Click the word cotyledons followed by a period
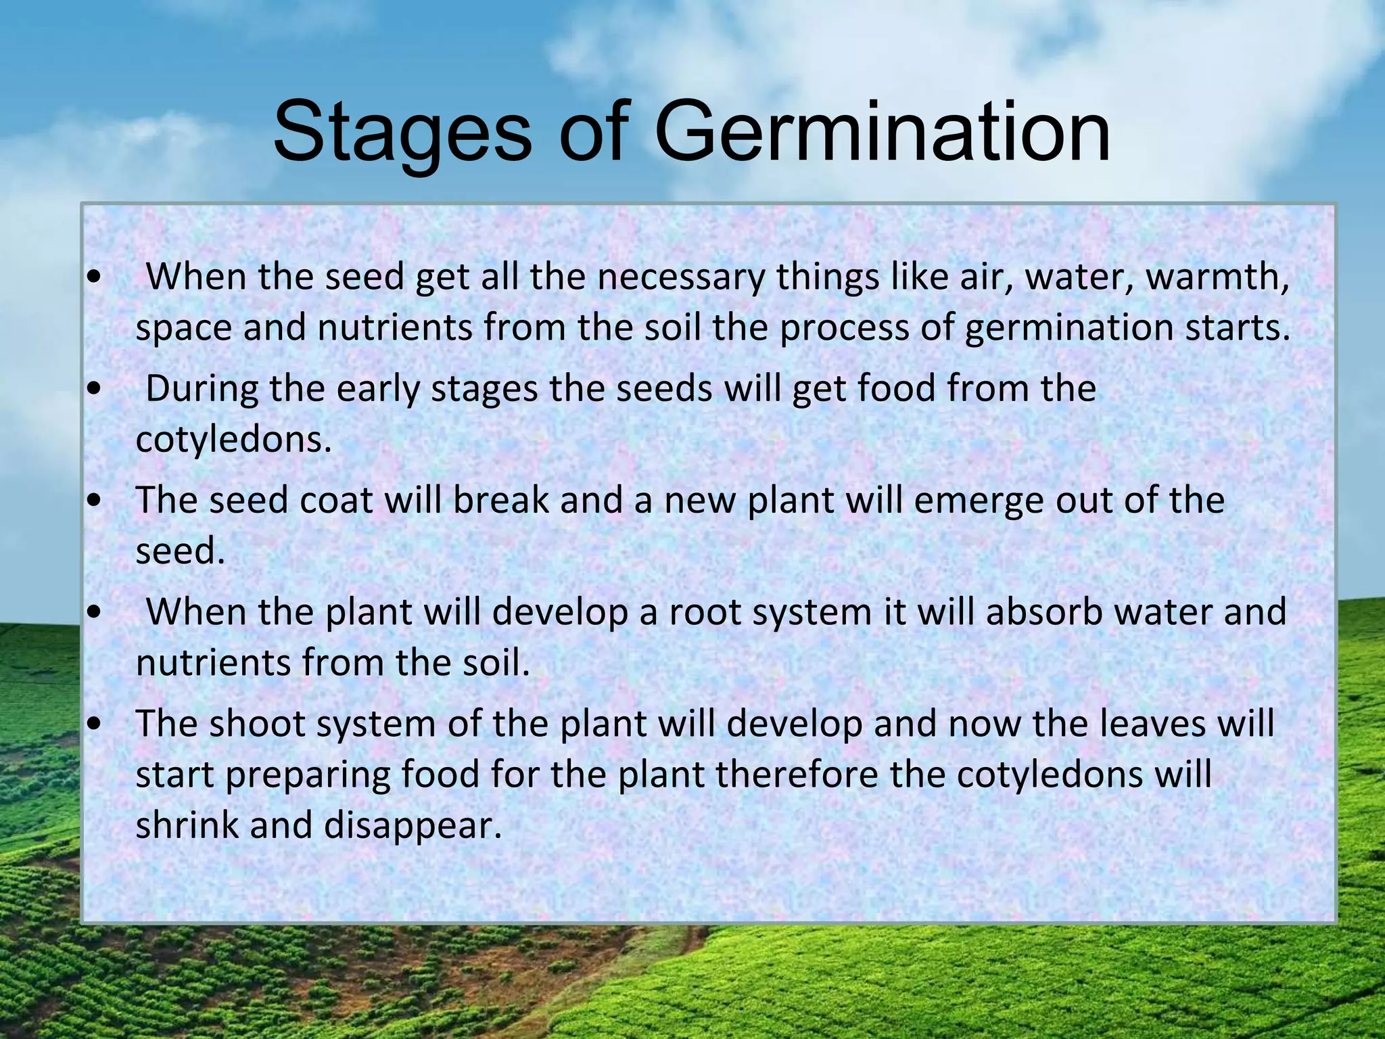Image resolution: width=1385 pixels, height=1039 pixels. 233,440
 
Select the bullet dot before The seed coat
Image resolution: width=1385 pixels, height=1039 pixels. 95,501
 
